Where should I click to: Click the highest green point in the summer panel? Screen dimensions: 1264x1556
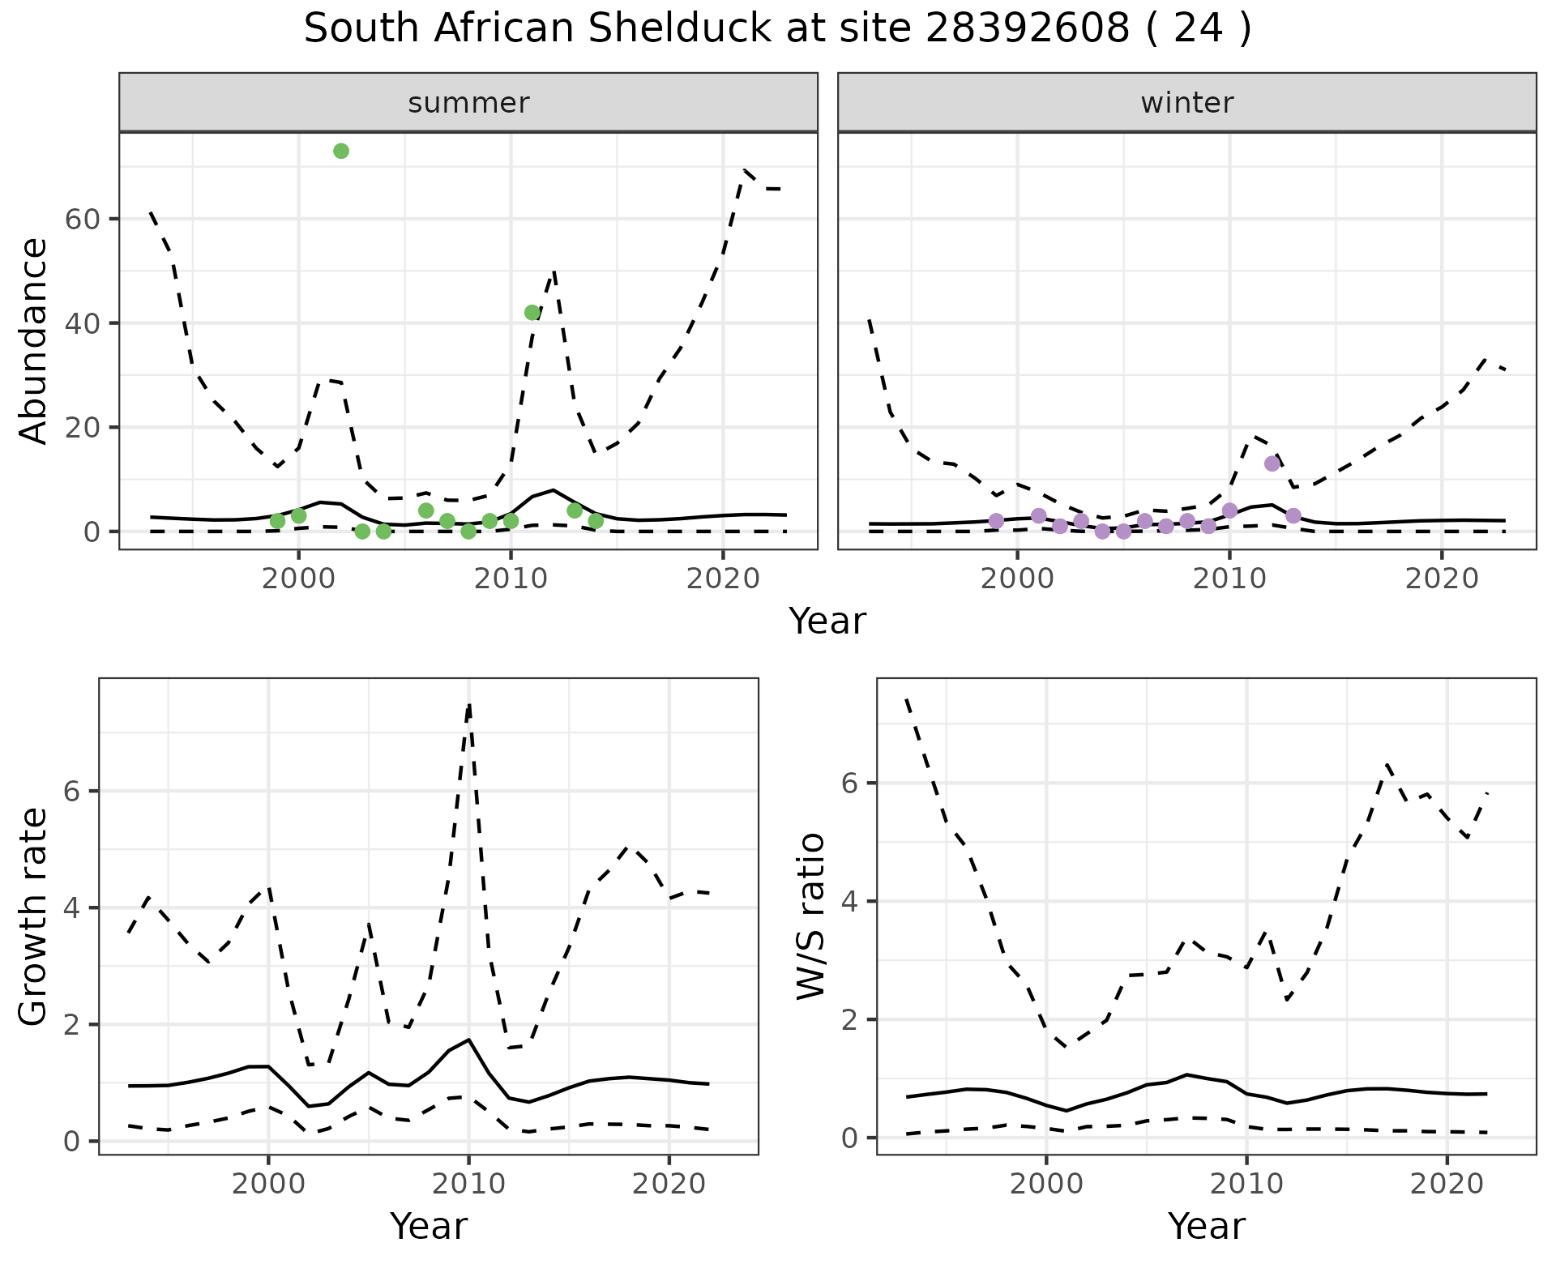tap(341, 152)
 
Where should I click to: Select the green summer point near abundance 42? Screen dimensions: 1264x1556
tap(532, 313)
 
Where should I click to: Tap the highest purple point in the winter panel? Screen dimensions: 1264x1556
tap(1272, 463)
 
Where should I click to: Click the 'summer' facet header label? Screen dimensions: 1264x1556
tap(468, 103)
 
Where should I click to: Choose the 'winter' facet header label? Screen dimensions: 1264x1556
tap(1187, 103)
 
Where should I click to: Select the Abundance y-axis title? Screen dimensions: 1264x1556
tap(34, 340)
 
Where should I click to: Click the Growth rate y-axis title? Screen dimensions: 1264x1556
tap(34, 916)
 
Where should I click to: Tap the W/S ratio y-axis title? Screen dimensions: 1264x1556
tap(810, 916)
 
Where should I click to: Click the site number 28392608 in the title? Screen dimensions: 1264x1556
tap(1028, 30)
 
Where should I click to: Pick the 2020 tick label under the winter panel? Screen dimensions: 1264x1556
tap(1442, 579)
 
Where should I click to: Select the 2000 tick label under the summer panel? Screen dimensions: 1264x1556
tap(298, 579)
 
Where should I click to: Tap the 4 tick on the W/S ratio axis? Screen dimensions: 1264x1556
tap(851, 901)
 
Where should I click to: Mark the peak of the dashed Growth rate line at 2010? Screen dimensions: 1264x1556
tap(469, 705)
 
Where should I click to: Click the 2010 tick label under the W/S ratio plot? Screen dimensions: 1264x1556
tap(1246, 1185)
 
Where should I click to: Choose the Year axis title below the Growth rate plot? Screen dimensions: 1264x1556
tap(429, 1226)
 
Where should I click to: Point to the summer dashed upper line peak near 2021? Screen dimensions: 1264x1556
tap(745, 169)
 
